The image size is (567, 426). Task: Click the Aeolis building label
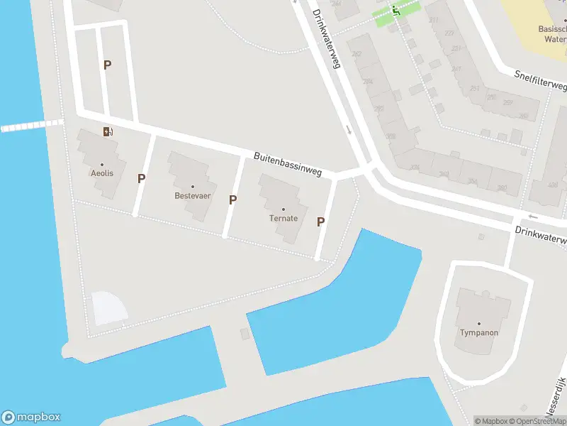pos(102,173)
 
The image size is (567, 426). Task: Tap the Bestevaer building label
pos(193,195)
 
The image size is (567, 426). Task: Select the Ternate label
pos(283,218)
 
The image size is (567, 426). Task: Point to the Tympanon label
pos(478,332)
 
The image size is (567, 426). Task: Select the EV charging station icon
pos(108,131)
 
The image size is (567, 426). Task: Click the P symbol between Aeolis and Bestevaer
pos(142,178)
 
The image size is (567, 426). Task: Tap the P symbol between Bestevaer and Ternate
pos(232,200)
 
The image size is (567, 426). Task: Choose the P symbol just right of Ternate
pos(321,222)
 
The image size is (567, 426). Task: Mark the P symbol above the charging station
pos(108,65)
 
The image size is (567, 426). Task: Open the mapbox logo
pos(31,417)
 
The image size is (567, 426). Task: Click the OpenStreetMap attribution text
pos(539,421)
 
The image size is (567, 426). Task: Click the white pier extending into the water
pos(31,126)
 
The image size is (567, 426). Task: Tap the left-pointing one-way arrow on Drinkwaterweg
pos(534,217)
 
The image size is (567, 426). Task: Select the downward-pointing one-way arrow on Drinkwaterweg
pos(348,130)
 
